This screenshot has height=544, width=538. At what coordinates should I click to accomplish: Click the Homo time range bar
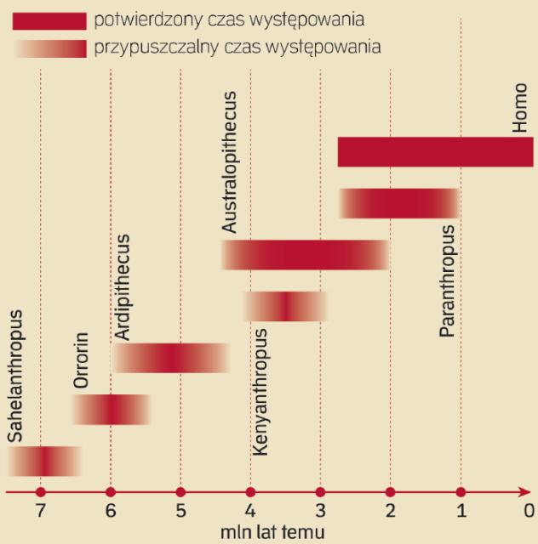click(435, 152)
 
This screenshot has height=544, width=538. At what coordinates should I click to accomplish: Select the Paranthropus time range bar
click(399, 203)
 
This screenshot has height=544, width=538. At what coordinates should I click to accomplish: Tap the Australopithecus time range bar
click(306, 255)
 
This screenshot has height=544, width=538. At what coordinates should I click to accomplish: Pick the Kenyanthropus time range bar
click(285, 306)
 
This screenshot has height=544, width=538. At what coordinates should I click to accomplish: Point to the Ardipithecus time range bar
click(171, 358)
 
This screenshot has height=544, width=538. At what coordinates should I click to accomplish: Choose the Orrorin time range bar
click(112, 409)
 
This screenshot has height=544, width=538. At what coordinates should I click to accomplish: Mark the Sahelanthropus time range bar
click(44, 461)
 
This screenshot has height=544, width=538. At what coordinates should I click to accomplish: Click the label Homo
click(520, 108)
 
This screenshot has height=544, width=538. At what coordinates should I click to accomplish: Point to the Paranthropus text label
click(448, 281)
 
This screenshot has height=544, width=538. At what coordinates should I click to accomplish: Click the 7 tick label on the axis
click(40, 512)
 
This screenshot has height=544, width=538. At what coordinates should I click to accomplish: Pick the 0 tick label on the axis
click(529, 512)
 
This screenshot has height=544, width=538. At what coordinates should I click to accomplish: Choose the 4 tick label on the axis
click(250, 512)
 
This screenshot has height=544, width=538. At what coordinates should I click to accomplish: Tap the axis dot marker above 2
click(390, 492)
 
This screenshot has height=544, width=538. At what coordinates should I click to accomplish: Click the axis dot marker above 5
click(180, 492)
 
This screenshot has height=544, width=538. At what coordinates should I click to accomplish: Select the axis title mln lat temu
click(269, 533)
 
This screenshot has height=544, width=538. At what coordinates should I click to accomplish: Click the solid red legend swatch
click(49, 20)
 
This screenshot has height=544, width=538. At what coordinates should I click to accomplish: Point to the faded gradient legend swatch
click(49, 48)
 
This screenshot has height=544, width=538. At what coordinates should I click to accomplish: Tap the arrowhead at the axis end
click(526, 492)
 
